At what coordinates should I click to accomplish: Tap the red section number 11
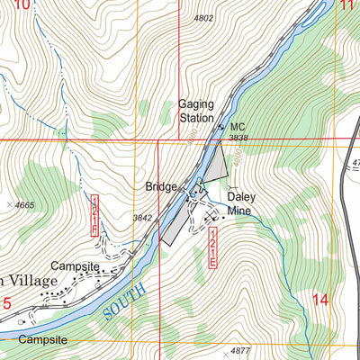(347, 5)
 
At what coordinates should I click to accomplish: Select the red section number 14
(320, 300)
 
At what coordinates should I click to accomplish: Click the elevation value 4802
(204, 18)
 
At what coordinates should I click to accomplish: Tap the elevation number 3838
(238, 138)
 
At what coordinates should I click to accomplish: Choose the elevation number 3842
(142, 218)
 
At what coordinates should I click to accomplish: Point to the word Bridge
(161, 187)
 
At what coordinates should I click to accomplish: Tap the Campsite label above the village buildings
(74, 265)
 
